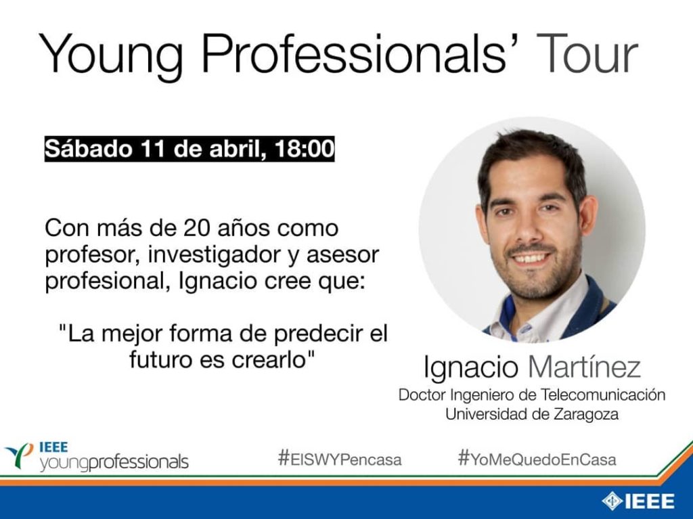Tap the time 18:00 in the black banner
point(305,149)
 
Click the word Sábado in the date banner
point(89,149)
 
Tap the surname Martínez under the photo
point(584,367)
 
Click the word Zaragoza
point(585,415)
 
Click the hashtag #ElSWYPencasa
point(340,459)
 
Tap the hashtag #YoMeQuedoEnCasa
point(537,459)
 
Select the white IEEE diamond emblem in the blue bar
point(612,501)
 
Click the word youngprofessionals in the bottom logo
point(114,463)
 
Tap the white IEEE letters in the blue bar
point(650,501)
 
